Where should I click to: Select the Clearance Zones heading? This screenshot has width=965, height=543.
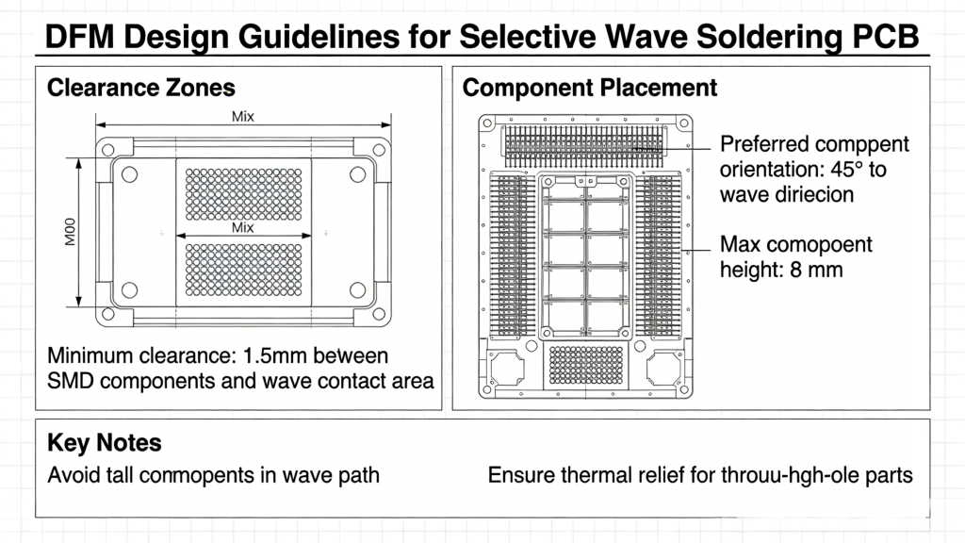(x=140, y=89)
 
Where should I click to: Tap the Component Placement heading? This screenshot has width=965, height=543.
(x=590, y=89)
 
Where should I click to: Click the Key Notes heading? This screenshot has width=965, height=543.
(x=104, y=443)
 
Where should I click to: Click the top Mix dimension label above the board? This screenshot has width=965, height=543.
(x=243, y=117)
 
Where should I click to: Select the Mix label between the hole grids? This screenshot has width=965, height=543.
(x=243, y=228)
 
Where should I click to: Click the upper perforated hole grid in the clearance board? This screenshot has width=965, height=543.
(x=243, y=192)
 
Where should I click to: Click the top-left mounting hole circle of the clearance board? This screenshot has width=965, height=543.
(x=130, y=174)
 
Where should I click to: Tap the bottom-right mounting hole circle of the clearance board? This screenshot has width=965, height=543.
(x=357, y=288)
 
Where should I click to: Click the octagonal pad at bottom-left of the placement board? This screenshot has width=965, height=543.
(x=507, y=368)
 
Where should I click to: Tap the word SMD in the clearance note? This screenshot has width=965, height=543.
(x=71, y=381)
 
